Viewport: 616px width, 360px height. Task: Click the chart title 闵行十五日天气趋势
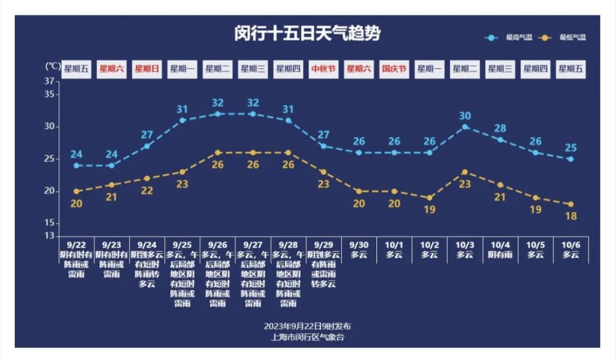307,34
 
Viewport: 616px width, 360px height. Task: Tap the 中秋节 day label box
323,69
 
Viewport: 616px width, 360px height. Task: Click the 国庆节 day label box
394,69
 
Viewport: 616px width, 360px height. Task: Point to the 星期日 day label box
147,69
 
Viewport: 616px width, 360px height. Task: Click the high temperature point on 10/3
465,127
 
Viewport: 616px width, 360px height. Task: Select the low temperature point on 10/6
571,204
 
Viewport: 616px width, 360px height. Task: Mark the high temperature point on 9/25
183,120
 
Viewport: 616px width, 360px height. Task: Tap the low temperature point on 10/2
429,197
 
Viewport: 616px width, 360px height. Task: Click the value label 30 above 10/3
465,116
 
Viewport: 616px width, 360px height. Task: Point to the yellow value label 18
571,216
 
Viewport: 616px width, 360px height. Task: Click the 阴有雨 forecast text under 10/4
500,254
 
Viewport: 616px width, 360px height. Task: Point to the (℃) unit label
52,66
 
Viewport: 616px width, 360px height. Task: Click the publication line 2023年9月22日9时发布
307,326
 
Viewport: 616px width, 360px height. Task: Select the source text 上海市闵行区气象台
307,337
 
